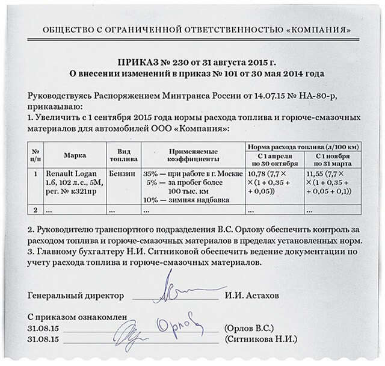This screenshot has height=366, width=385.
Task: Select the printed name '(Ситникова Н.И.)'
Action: [253, 340]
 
